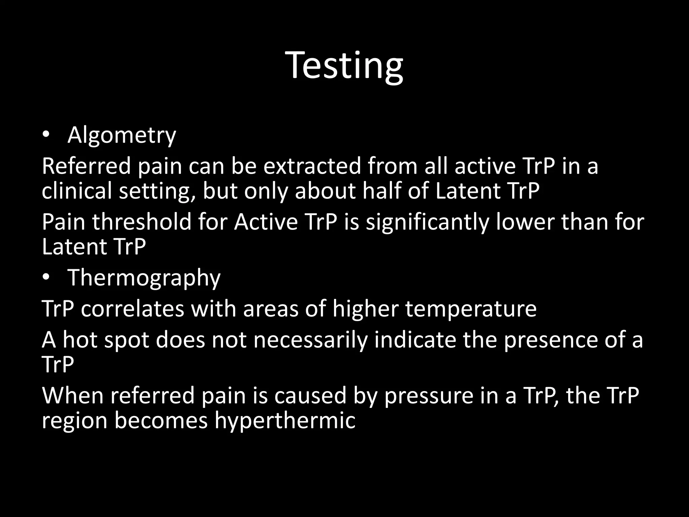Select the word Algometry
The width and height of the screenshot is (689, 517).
(121, 135)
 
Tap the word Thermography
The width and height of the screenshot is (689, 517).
(144, 278)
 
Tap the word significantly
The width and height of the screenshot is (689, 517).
(428, 222)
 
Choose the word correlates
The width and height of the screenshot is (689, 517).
(133, 309)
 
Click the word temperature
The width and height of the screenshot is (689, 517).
(471, 309)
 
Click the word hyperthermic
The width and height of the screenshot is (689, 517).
(285, 421)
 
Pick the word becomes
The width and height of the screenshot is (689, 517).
(161, 421)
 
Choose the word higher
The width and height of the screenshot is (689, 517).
(365, 309)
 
